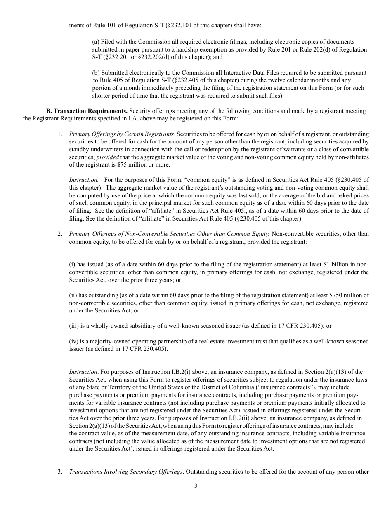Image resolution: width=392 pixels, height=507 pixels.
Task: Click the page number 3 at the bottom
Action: point(196,486)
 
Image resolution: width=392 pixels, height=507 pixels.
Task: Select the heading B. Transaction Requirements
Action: point(87,111)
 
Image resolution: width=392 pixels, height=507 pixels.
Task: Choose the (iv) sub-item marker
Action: point(74,341)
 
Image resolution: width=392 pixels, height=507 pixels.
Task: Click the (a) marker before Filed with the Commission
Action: point(96,42)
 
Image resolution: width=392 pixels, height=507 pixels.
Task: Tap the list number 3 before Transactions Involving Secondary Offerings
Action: point(60,472)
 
